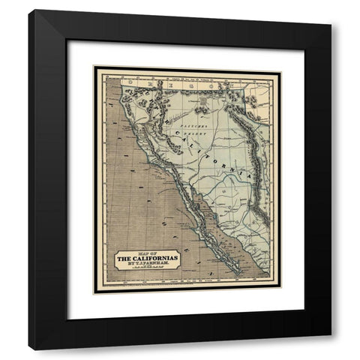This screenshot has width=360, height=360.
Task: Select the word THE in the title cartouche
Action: click(x=124, y=259)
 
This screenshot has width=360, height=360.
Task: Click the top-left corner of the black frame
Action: click(x=30, y=11)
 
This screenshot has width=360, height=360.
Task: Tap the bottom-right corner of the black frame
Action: click(x=330, y=348)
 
